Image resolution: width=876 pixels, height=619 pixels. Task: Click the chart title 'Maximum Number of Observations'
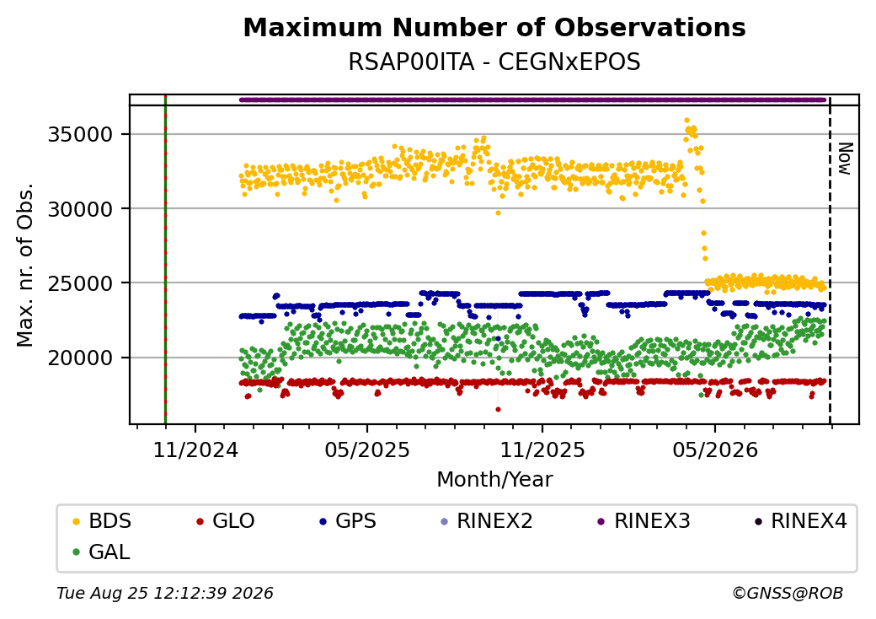pos(494,27)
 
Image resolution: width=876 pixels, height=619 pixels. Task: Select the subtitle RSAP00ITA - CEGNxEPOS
pos(494,62)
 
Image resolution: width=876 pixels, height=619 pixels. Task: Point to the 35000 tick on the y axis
pos(81,135)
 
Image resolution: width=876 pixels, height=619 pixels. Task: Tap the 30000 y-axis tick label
pos(81,209)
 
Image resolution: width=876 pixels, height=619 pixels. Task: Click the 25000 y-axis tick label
pos(81,283)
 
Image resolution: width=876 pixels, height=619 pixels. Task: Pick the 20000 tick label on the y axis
pos(81,358)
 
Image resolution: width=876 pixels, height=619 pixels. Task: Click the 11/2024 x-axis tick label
pos(195,449)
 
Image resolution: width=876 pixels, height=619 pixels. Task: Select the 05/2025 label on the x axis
pos(367,449)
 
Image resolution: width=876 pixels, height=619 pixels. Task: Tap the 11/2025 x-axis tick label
pos(542,449)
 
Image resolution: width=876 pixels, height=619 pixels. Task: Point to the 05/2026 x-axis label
pos(715,449)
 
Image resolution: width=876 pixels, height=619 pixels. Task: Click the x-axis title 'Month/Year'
pos(494,480)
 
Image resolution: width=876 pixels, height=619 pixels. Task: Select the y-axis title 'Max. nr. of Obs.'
pos(25,265)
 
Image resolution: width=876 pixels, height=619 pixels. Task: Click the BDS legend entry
pos(102,521)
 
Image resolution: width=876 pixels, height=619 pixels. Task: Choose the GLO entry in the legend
pos(226,521)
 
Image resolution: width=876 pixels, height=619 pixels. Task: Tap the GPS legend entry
pos(348,521)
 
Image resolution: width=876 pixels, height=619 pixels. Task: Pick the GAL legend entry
pos(102,552)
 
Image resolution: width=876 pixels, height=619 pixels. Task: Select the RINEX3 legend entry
pos(644,521)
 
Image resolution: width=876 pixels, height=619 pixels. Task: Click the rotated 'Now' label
pos(845,159)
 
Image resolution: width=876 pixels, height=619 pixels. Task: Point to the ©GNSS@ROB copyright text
pos(788,593)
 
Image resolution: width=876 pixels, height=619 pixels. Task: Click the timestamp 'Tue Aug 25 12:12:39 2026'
pos(165,593)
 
